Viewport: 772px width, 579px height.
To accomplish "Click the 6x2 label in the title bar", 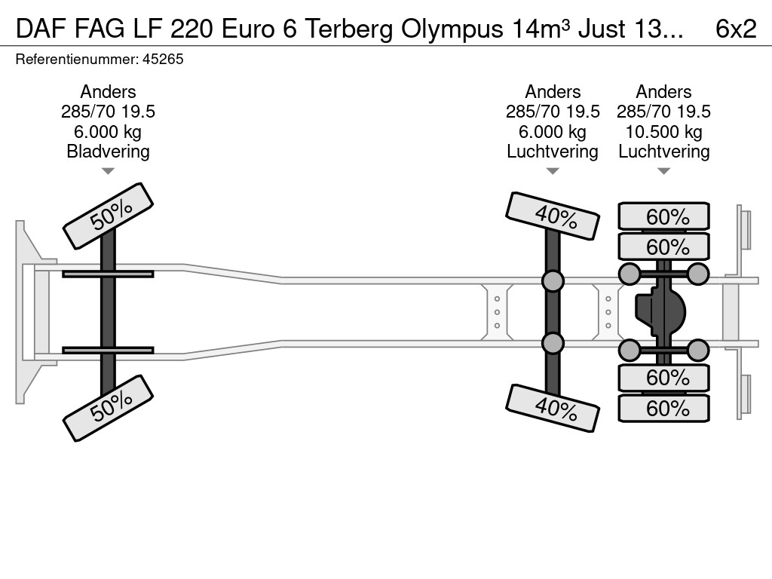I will point(735,29).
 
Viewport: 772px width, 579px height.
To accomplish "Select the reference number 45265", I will point(162,59).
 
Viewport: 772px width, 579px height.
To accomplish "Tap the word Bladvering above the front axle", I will point(108,152).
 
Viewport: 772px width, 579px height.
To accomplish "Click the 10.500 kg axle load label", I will point(663,132).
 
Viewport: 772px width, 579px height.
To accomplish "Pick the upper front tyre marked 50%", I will point(108,216).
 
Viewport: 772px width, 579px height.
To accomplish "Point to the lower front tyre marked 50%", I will point(108,408).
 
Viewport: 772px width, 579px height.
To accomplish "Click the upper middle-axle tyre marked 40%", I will point(553,216).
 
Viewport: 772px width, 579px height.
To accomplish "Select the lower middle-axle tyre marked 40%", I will point(553,408).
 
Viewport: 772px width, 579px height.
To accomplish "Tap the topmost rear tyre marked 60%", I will point(664,216).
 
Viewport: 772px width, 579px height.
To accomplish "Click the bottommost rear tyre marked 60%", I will point(664,408).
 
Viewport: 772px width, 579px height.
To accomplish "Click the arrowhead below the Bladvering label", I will point(108,171).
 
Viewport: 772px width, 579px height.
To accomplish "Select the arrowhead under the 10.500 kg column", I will point(663,171).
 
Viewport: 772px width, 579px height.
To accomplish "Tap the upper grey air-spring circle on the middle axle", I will point(553,281).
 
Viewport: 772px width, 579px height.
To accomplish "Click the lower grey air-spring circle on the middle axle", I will point(553,344).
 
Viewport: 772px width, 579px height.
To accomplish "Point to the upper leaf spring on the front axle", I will point(108,274).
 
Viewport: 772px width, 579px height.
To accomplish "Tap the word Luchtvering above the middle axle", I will point(553,152).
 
